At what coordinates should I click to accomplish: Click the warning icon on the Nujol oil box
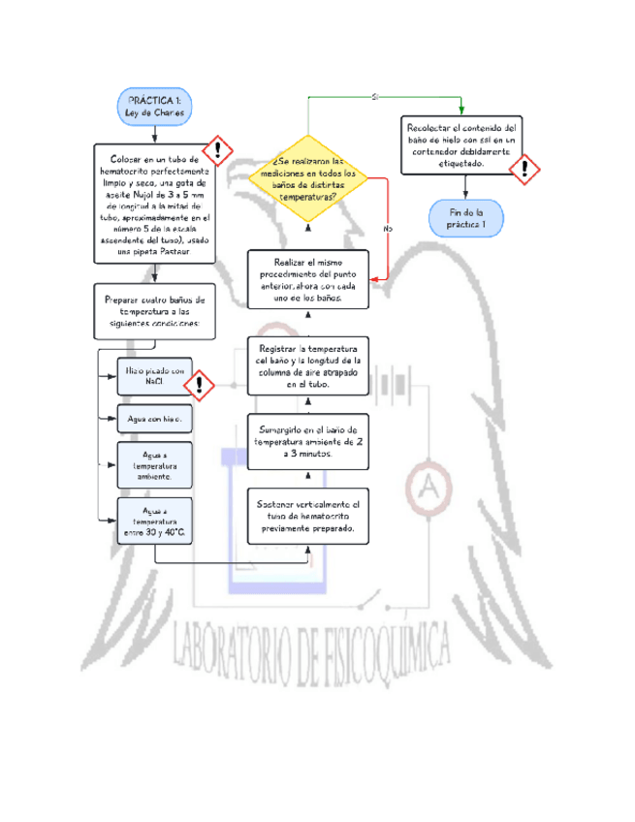tap(221, 149)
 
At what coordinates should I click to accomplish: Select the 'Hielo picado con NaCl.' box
tap(153, 376)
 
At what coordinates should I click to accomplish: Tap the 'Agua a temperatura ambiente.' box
tap(153, 465)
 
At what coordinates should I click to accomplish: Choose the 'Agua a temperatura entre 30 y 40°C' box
tap(153, 521)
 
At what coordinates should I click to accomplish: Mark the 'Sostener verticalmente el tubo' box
tap(308, 517)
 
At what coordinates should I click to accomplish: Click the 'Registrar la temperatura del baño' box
tap(308, 366)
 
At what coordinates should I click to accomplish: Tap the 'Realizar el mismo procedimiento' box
tap(308, 281)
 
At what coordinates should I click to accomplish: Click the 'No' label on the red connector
tap(388, 228)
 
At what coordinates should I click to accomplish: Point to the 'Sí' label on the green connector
tap(375, 97)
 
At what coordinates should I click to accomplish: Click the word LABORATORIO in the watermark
tap(240, 647)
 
